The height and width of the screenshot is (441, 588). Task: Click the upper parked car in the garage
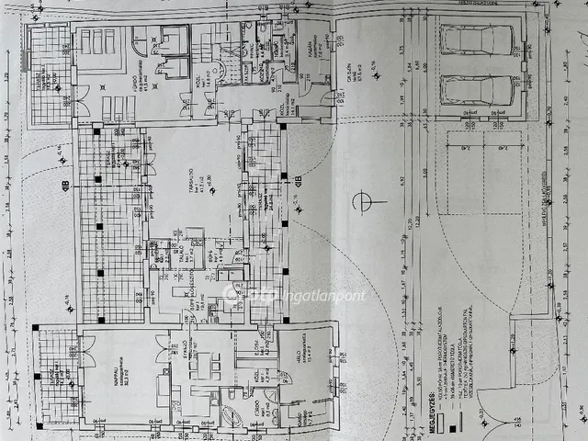point(477,40)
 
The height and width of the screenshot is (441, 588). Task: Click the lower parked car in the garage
point(477,91)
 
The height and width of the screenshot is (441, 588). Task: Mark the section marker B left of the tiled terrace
point(65,187)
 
